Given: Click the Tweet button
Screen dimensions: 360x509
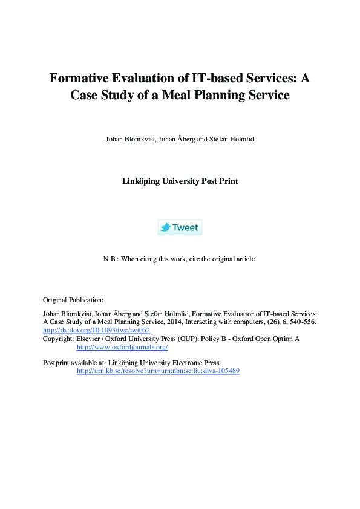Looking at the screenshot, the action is click(180, 227).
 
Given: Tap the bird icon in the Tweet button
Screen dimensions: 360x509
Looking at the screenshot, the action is click(165, 227).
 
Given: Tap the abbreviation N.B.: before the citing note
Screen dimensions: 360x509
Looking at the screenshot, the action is click(112, 259).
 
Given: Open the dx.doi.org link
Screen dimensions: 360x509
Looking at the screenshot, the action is click(96, 331).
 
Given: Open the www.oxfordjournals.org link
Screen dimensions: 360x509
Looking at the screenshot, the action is click(122, 347).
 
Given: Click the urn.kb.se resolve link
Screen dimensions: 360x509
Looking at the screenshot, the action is click(158, 371).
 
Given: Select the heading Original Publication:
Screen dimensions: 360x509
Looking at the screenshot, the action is click(73, 300).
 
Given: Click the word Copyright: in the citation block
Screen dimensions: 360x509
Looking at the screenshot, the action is click(58, 339).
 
